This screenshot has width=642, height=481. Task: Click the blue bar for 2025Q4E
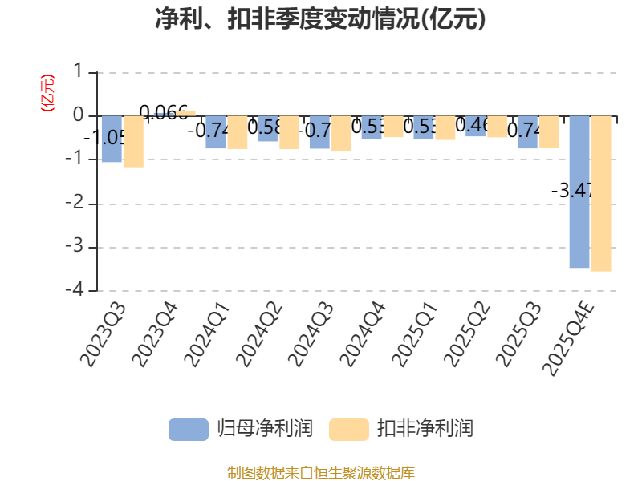pyautogui.click(x=579, y=192)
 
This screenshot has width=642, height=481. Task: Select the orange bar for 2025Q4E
pyautogui.click(x=601, y=194)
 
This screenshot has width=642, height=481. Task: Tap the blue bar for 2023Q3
pyautogui.click(x=111, y=139)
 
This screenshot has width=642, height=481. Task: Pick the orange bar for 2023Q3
pyautogui.click(x=133, y=142)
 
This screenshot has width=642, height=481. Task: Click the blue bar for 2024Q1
pyautogui.click(x=215, y=132)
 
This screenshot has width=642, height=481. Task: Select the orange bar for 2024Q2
pyautogui.click(x=289, y=132)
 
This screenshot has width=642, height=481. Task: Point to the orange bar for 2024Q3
pyautogui.click(x=341, y=134)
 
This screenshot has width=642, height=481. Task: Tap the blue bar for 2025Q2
pyautogui.click(x=476, y=127)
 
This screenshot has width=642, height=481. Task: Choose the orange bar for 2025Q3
pyautogui.click(x=549, y=132)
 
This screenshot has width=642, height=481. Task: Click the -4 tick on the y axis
pyautogui.click(x=77, y=290)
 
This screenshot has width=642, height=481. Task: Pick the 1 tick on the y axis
pyautogui.click(x=78, y=72)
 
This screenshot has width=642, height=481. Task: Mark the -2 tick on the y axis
pyautogui.click(x=77, y=204)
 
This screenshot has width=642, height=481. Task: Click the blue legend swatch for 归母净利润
pyautogui.click(x=188, y=429)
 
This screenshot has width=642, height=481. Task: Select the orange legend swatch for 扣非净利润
pyautogui.click(x=349, y=429)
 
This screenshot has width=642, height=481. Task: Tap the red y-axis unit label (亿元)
pyautogui.click(x=47, y=93)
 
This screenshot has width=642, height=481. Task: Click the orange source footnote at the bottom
pyautogui.click(x=321, y=472)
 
